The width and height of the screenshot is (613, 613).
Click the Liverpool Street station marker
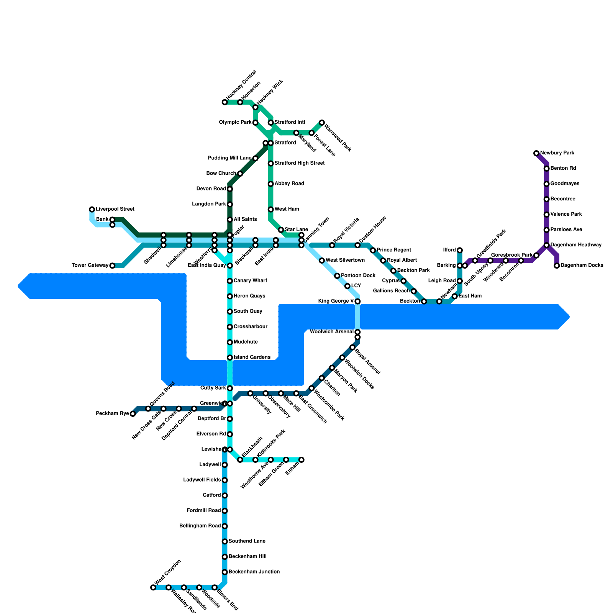coord(92,209)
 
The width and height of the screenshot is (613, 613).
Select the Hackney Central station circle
coord(225,102)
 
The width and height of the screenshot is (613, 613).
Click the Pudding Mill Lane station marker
coord(256,158)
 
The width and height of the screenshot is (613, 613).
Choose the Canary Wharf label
coord(250,281)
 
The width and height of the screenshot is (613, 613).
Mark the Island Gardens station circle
coord(230,357)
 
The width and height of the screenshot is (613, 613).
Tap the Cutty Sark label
coord(213,388)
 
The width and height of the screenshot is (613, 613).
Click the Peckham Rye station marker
coord(133,414)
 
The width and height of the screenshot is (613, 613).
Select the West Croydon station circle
coord(153,587)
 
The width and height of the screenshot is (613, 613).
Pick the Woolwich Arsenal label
coord(331,332)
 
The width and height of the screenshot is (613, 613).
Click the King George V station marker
coord(357,302)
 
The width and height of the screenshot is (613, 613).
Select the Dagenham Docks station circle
coord(557,266)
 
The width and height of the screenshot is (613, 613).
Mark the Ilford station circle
coord(460,250)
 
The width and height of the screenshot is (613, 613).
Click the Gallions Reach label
coord(391,291)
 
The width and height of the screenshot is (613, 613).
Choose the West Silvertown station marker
coord(322,261)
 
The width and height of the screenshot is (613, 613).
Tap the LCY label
coord(356,286)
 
